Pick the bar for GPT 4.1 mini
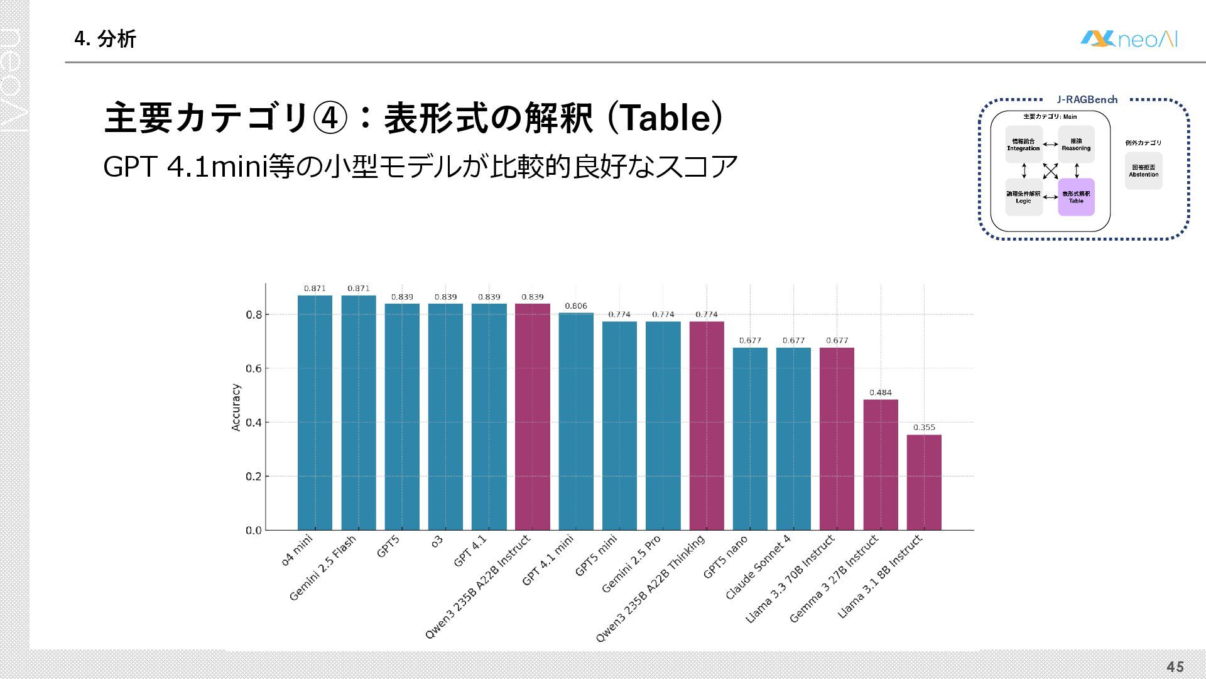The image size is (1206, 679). [576, 421]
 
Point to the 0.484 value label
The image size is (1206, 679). [880, 392]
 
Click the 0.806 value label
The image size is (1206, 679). [576, 306]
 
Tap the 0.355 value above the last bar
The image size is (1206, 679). [924, 428]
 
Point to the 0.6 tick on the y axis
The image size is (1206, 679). [254, 368]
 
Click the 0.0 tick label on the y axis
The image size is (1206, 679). [254, 531]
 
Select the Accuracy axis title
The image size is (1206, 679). [236, 407]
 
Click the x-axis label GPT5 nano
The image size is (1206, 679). [726, 557]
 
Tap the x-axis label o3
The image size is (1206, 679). [437, 541]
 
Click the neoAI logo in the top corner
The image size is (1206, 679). [1129, 40]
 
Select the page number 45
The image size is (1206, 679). [1175, 667]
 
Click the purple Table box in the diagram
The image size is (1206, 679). [1076, 197]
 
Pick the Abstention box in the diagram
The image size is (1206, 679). [1143, 171]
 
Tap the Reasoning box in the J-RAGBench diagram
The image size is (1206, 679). [1076, 145]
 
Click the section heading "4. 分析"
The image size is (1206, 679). [105, 39]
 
